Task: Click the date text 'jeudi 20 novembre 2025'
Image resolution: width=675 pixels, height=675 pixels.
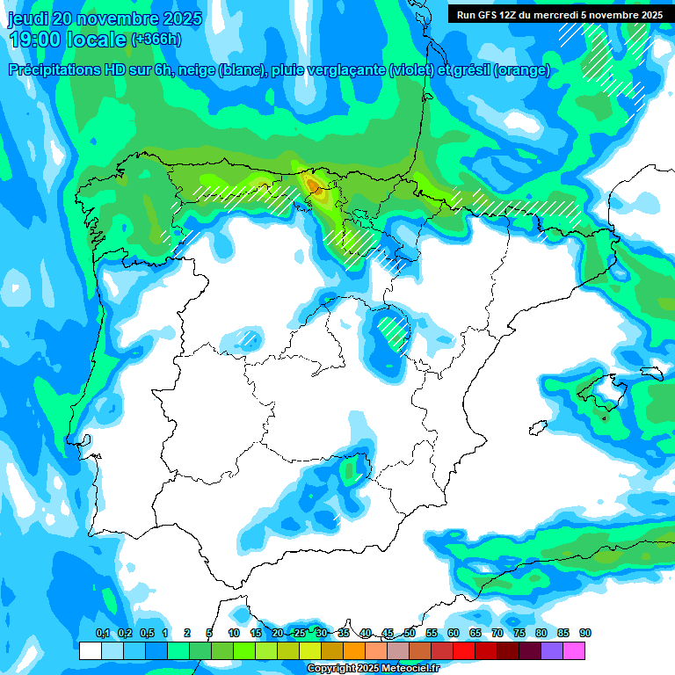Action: pyautogui.click(x=105, y=18)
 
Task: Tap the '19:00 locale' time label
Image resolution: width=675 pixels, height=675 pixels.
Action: pyautogui.click(x=68, y=40)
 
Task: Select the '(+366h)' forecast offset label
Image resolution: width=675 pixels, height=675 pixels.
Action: pyautogui.click(x=156, y=39)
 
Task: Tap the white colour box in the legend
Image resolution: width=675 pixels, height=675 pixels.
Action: pyautogui.click(x=91, y=651)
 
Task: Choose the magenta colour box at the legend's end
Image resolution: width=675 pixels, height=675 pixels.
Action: pyautogui.click(x=574, y=651)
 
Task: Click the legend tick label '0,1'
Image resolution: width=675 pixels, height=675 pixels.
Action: pyautogui.click(x=102, y=633)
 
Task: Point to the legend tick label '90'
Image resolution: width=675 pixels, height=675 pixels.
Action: pyautogui.click(x=585, y=633)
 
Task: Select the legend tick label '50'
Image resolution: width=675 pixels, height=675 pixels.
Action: pyautogui.click(x=410, y=633)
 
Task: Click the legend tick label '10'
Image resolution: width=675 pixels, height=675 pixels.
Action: pyautogui.click(x=234, y=633)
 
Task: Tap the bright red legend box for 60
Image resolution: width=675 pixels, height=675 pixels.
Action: pyautogui.click(x=464, y=651)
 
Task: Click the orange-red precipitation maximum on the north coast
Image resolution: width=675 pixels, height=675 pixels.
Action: pyautogui.click(x=313, y=183)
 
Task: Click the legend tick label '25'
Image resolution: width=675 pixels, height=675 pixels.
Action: pyautogui.click(x=300, y=633)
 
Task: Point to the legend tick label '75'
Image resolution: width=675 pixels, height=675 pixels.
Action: pyautogui.click(x=519, y=633)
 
